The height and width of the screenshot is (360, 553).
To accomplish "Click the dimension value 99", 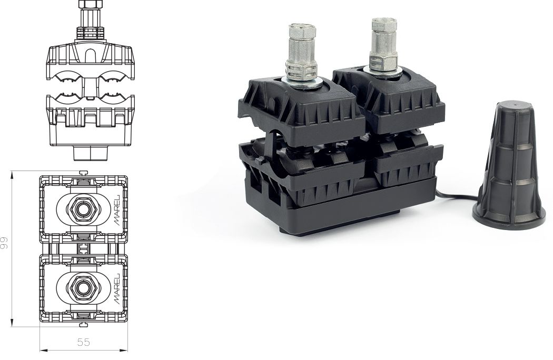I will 5,243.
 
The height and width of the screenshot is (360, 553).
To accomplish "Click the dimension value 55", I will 83,342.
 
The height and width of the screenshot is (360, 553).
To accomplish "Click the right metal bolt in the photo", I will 380,42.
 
